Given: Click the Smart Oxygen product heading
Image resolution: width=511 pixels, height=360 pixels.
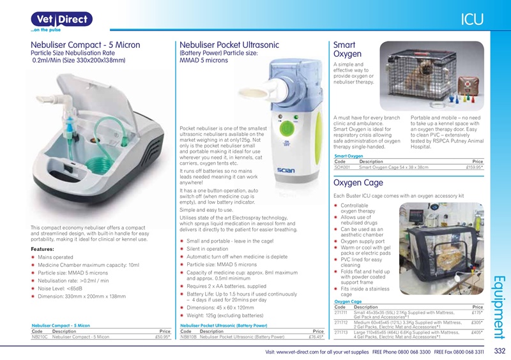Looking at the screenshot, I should [x=348, y=50].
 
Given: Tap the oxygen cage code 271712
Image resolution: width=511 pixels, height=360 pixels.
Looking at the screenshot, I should [x=342, y=323].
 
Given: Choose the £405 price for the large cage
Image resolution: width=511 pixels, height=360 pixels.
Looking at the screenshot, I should [x=476, y=333].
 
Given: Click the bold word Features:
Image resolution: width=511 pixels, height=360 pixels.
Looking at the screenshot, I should [x=42, y=249].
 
